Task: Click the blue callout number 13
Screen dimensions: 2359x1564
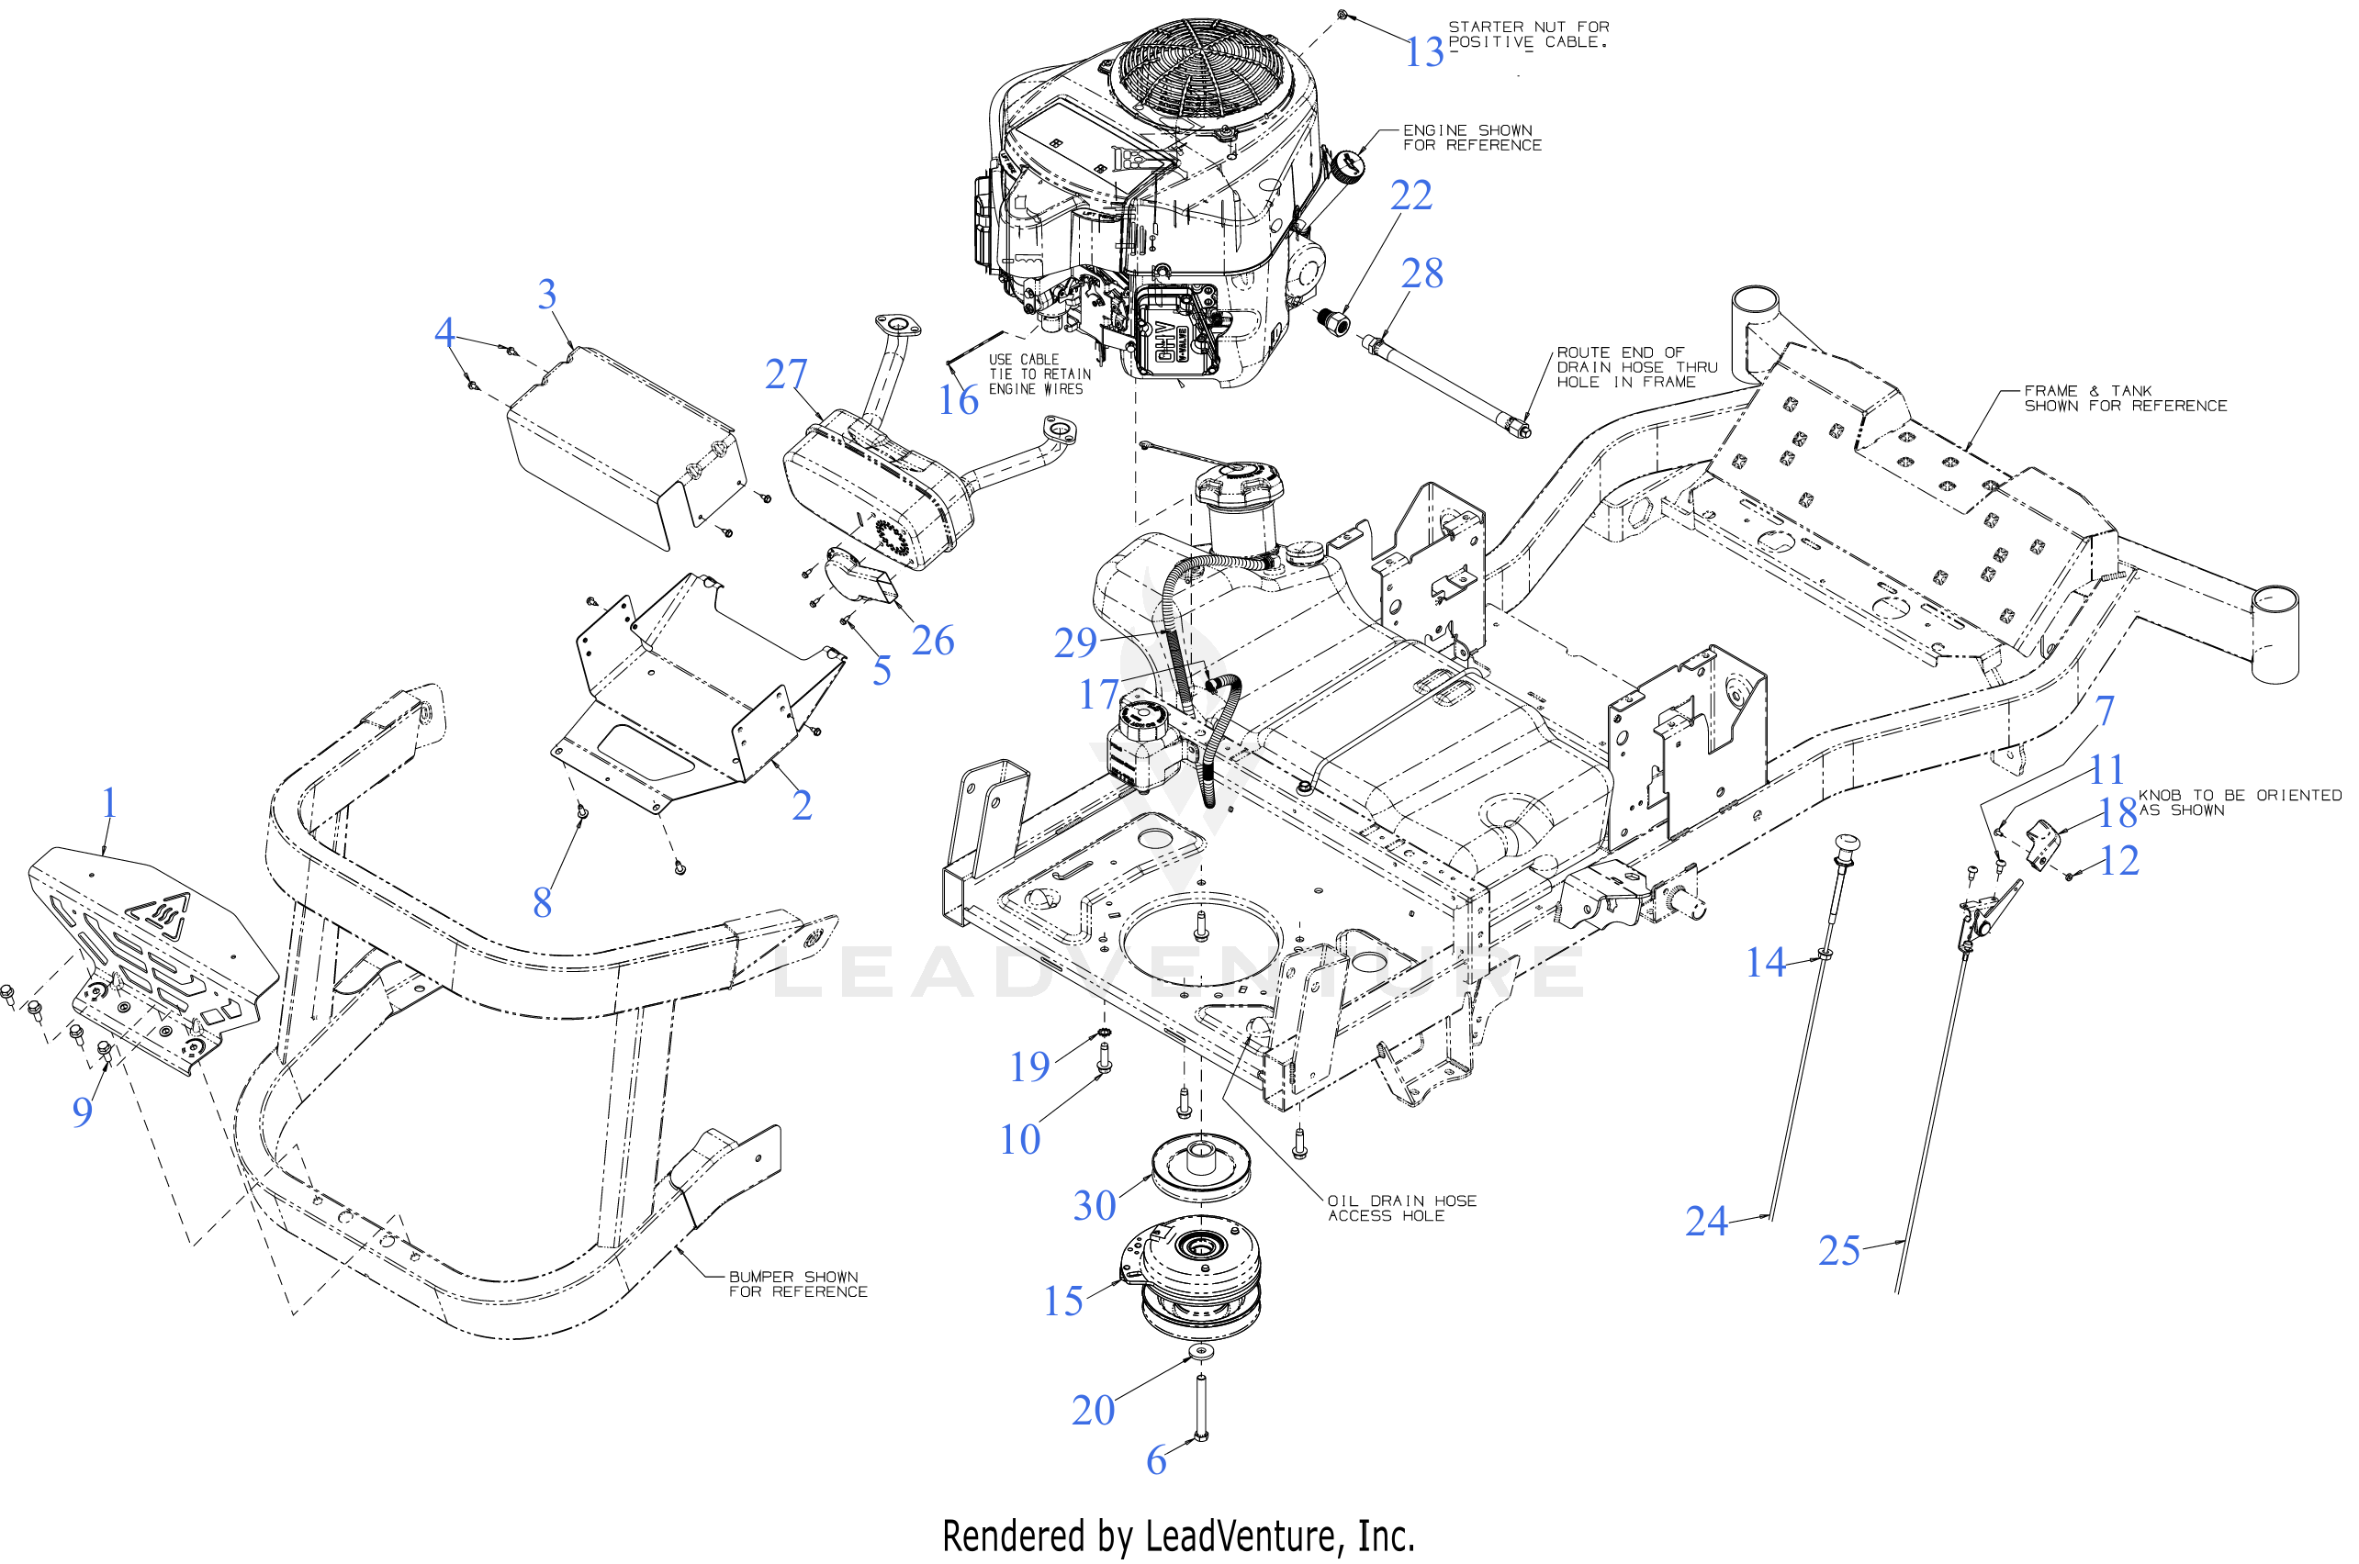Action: pyautogui.click(x=1424, y=52)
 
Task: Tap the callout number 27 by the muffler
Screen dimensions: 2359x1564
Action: pyautogui.click(x=786, y=374)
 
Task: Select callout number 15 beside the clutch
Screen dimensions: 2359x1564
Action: pyautogui.click(x=1062, y=1301)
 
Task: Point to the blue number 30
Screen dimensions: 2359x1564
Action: pyautogui.click(x=1094, y=1205)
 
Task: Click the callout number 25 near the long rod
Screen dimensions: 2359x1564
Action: pyautogui.click(x=1839, y=1250)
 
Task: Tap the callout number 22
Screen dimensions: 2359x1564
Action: pyautogui.click(x=1411, y=195)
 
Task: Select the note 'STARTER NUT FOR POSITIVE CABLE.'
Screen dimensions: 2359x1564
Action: pyautogui.click(x=1528, y=35)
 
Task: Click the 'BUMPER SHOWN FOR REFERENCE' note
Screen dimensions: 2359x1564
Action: pyautogui.click(x=798, y=1284)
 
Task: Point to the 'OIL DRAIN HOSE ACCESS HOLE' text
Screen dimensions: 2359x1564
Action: pyautogui.click(x=1402, y=1208)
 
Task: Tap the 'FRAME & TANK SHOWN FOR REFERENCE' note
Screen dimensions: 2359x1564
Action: pyautogui.click(x=2126, y=398)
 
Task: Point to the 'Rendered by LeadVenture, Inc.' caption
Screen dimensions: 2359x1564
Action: pyautogui.click(x=1178, y=1536)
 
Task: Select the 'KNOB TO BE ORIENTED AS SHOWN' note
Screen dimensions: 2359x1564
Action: pyautogui.click(x=2241, y=803)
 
